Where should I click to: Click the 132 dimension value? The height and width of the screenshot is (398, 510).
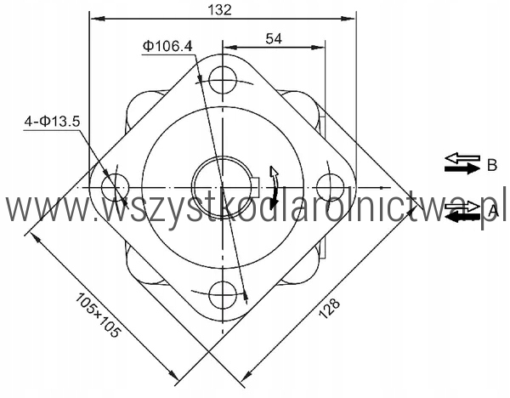pyautogui.click(x=220, y=9)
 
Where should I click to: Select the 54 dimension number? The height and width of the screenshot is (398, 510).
pyautogui.click(x=274, y=38)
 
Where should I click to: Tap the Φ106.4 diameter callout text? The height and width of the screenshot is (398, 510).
pyautogui.click(x=167, y=46)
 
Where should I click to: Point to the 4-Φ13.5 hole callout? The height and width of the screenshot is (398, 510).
pyautogui.click(x=52, y=122)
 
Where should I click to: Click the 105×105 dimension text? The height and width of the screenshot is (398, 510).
pyautogui.click(x=98, y=315)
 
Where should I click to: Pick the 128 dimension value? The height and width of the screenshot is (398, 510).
pyautogui.click(x=329, y=308)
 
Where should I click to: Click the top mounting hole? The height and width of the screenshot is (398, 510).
pyautogui.click(x=223, y=80)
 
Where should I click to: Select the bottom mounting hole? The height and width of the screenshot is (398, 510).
pyautogui.click(x=223, y=294)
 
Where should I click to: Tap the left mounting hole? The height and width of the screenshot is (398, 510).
pyautogui.click(x=115, y=187)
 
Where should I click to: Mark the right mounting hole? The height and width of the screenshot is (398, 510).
pyautogui.click(x=330, y=187)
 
